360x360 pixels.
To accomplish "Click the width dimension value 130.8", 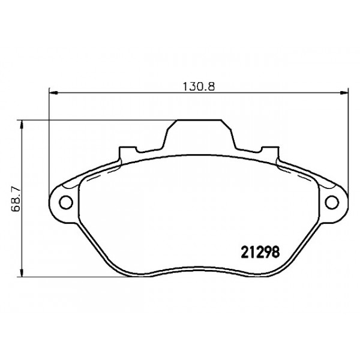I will [199, 86].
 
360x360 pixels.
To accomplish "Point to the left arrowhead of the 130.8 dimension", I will [52, 93].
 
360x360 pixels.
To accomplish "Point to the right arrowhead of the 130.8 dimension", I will [345, 93].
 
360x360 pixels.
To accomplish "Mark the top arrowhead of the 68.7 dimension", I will [23, 124].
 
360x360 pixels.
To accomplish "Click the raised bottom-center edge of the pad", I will [199, 269].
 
